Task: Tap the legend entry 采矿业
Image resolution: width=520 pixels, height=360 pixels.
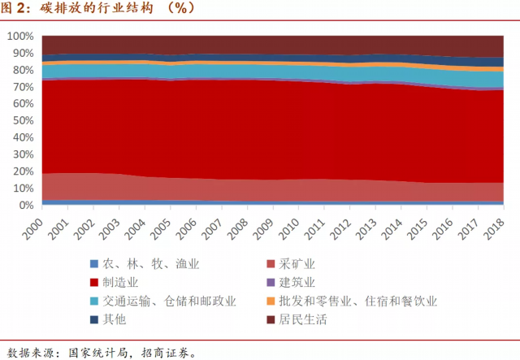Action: coord(299,264)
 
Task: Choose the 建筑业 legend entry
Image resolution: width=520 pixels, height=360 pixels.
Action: coord(299,283)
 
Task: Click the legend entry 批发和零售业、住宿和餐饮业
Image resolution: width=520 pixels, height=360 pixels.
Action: coord(358,301)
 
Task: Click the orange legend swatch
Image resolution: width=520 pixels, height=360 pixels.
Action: coord(271,301)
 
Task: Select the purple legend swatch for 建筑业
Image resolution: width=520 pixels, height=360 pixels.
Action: coord(271,283)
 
